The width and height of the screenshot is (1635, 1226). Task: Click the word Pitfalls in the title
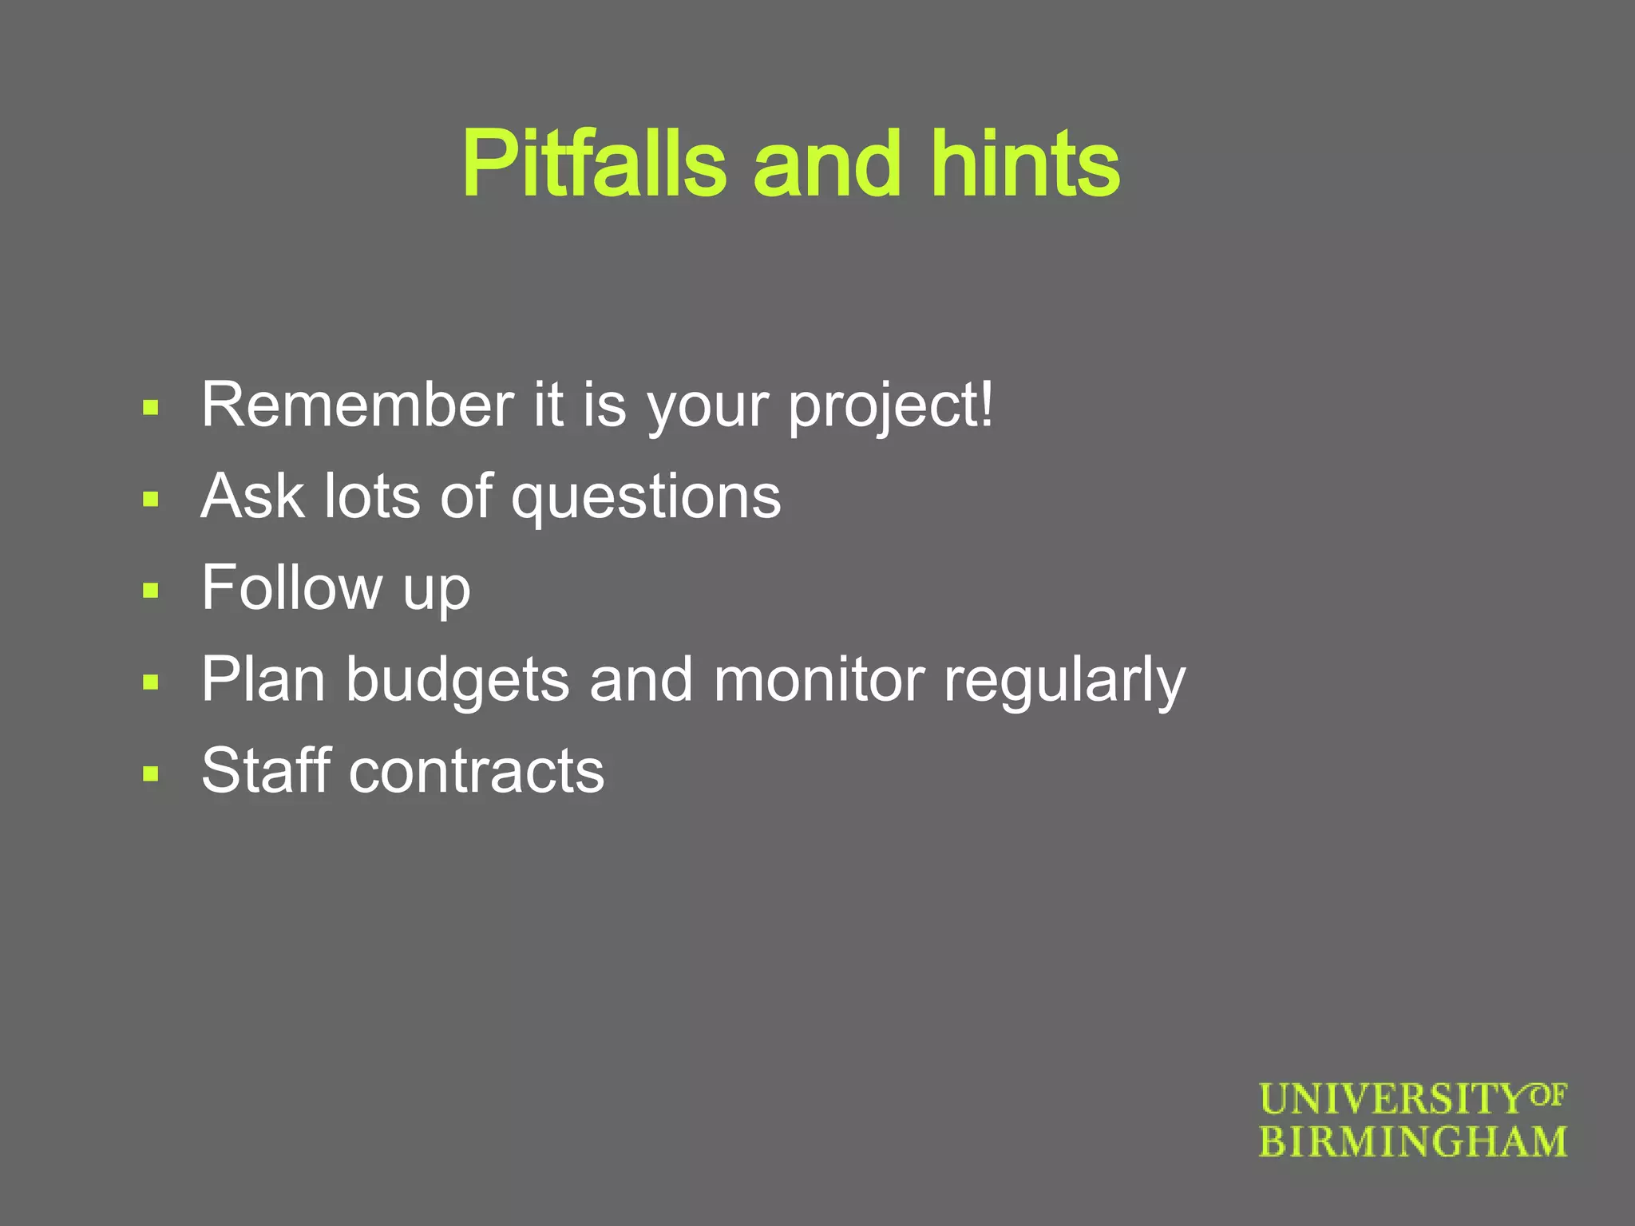pos(594,164)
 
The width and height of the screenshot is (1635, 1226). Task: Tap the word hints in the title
pos(1025,164)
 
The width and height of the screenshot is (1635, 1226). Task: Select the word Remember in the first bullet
pos(358,405)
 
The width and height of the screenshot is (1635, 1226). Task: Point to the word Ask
pos(252,496)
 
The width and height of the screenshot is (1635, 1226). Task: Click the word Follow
pos(291,588)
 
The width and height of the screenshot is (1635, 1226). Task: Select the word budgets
pos(457,681)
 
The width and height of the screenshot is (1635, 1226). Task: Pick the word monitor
pos(819,680)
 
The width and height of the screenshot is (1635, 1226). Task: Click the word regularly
pos(1064,682)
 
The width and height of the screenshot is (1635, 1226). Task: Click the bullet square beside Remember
pos(151,409)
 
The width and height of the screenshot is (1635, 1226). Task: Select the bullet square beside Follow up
pos(151,591)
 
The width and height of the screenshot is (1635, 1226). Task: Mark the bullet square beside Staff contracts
pos(151,773)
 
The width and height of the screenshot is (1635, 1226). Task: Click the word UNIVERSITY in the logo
pos(1393,1100)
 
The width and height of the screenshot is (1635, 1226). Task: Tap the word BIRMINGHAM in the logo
pos(1412,1142)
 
